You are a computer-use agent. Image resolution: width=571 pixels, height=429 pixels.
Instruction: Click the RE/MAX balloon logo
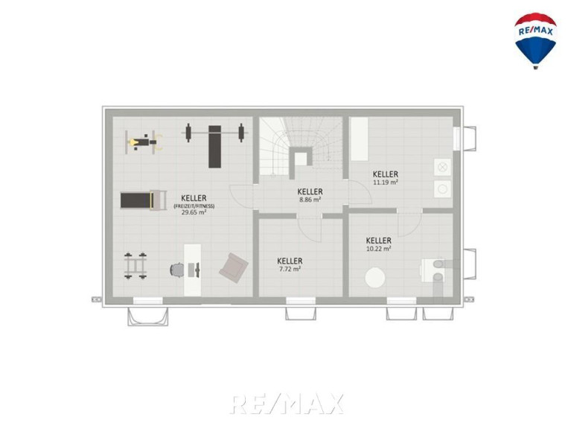coord(535,41)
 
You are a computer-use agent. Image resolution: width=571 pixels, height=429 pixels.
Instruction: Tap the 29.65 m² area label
coord(194,212)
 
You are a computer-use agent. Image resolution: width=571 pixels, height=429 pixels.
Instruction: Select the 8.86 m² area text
coord(310,200)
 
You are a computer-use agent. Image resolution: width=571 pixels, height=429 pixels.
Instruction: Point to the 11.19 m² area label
coord(386,182)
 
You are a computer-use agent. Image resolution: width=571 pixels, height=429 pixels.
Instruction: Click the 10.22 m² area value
coord(379,249)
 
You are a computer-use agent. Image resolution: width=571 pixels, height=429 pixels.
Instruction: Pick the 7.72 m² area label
coord(290,269)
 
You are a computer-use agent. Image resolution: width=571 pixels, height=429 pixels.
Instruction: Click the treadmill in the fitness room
coord(144,200)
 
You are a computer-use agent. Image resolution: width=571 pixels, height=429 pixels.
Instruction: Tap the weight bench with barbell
coord(215,146)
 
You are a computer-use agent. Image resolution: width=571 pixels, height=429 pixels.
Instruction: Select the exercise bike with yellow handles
coord(144,142)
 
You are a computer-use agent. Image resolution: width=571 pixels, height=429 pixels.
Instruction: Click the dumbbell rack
coord(135,266)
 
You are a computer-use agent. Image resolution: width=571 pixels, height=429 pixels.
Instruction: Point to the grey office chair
coord(177,270)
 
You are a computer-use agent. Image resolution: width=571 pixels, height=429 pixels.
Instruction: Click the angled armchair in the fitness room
coord(234,268)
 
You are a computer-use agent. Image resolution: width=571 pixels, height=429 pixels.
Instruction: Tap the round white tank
coord(375,278)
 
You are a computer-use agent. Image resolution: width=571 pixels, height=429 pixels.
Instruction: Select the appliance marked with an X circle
coord(442,167)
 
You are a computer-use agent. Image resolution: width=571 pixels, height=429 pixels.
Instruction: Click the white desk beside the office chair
coord(192,270)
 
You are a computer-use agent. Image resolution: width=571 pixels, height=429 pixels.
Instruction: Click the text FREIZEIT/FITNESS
coord(194,206)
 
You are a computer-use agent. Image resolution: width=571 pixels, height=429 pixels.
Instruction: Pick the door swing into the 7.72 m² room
coord(310,229)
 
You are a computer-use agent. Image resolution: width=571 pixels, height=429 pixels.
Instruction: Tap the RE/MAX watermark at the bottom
coord(287,404)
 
